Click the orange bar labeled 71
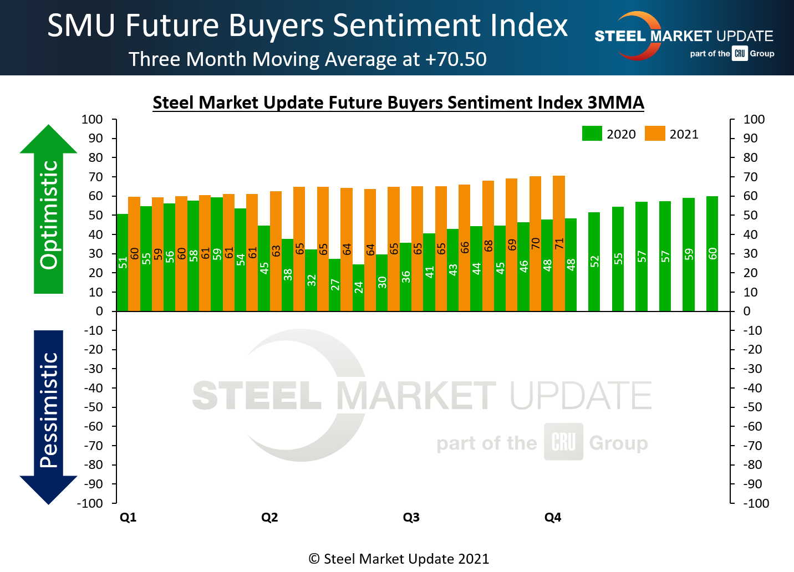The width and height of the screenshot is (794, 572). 559,243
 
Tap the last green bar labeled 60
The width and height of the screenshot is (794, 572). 712,253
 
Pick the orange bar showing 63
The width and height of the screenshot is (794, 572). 276,251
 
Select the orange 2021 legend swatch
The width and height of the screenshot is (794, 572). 655,134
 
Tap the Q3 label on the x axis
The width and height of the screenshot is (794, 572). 411,517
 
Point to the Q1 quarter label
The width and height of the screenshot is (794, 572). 128,517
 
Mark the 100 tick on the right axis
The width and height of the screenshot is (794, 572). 754,119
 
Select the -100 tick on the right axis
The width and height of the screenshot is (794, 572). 756,503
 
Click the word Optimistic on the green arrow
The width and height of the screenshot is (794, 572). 49,214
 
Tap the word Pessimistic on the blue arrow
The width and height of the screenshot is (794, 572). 49,410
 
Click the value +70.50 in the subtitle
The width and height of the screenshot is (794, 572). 456,59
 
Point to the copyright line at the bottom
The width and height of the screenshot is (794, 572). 399,559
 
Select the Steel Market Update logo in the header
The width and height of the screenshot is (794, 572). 683,37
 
